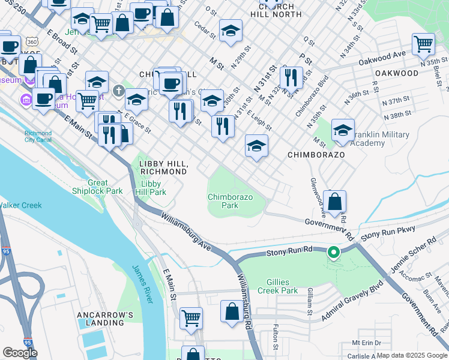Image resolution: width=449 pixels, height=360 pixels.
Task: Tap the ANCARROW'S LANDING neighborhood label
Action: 100,318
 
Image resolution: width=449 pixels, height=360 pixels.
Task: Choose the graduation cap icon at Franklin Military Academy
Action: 342,130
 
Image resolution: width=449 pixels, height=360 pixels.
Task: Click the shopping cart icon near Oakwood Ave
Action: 423,44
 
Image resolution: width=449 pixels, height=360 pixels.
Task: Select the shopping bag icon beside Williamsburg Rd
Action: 232,311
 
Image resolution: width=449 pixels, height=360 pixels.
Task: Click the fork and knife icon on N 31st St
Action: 291,77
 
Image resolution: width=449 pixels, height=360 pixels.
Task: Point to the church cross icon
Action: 119,92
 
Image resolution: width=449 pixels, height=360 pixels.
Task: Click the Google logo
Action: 20,352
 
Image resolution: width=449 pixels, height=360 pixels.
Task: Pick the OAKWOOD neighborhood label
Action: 396,73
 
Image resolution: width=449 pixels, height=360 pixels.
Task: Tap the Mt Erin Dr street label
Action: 367,343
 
